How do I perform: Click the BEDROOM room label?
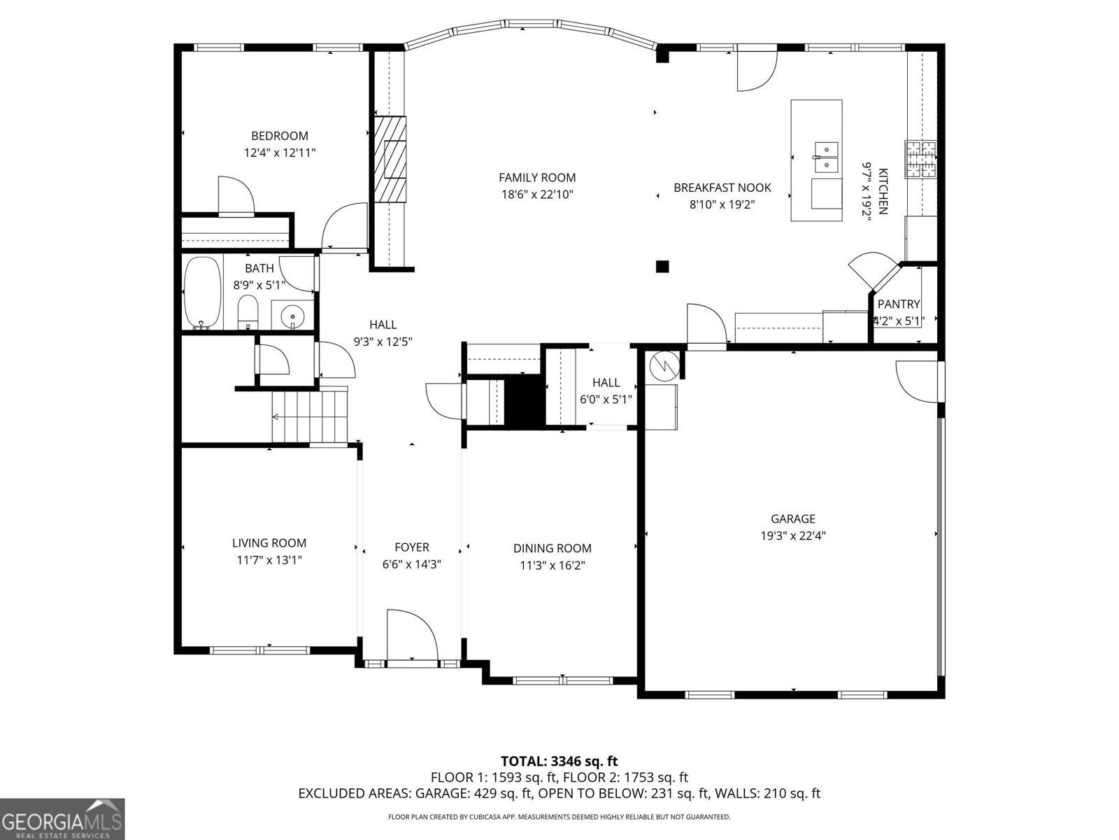pyautogui.click(x=280, y=136)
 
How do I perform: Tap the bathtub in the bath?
pyautogui.click(x=201, y=292)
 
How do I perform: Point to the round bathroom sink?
pyautogui.click(x=292, y=317)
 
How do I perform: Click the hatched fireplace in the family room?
pyautogui.click(x=389, y=159)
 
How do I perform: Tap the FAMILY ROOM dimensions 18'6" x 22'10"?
pyautogui.click(x=536, y=195)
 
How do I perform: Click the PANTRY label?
pyautogui.click(x=899, y=304)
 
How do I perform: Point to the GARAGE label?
pyautogui.click(x=793, y=519)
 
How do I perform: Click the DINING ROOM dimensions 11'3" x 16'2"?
pyautogui.click(x=553, y=566)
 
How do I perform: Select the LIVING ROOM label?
pyautogui.click(x=269, y=542)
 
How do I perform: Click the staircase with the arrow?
pyautogui.click(x=309, y=416)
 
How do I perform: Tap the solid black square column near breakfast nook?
pyautogui.click(x=662, y=266)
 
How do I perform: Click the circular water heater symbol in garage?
pyautogui.click(x=662, y=365)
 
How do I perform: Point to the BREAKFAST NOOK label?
pyautogui.click(x=722, y=188)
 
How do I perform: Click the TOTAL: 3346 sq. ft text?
pyautogui.click(x=559, y=761)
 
